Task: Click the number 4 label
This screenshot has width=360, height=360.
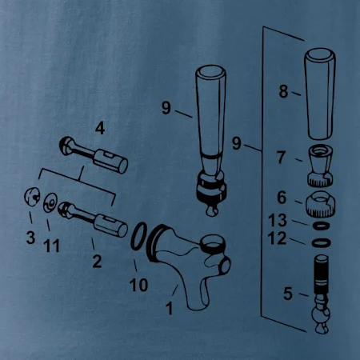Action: pyautogui.click(x=100, y=128)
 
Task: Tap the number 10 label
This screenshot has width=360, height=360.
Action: pyautogui.click(x=138, y=285)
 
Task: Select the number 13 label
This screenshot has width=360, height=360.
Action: pyautogui.click(x=278, y=220)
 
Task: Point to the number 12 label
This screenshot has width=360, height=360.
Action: pyautogui.click(x=277, y=238)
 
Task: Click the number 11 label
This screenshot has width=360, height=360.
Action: pyautogui.click(x=51, y=246)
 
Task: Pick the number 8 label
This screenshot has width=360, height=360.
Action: pyautogui.click(x=283, y=91)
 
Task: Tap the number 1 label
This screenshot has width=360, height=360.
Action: pyautogui.click(x=170, y=308)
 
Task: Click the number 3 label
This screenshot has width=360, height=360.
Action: pyautogui.click(x=30, y=237)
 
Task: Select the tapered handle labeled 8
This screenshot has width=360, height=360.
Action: pyautogui.click(x=320, y=94)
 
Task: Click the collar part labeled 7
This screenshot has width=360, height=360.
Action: pyautogui.click(x=320, y=165)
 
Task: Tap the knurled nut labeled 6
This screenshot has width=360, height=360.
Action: pyautogui.click(x=320, y=205)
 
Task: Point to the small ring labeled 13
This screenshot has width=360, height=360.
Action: pyautogui.click(x=322, y=226)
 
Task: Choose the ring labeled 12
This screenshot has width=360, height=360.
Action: pyautogui.click(x=322, y=243)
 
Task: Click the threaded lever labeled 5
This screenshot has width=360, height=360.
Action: pyautogui.click(x=322, y=294)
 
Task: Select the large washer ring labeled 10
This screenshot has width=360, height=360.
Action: pyautogui.click(x=138, y=237)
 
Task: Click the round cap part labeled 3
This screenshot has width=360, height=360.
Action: pyautogui.click(x=32, y=197)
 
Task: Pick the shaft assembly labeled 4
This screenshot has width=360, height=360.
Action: pyautogui.click(x=94, y=154)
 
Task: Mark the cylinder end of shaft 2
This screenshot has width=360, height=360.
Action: pyautogui.click(x=111, y=226)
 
